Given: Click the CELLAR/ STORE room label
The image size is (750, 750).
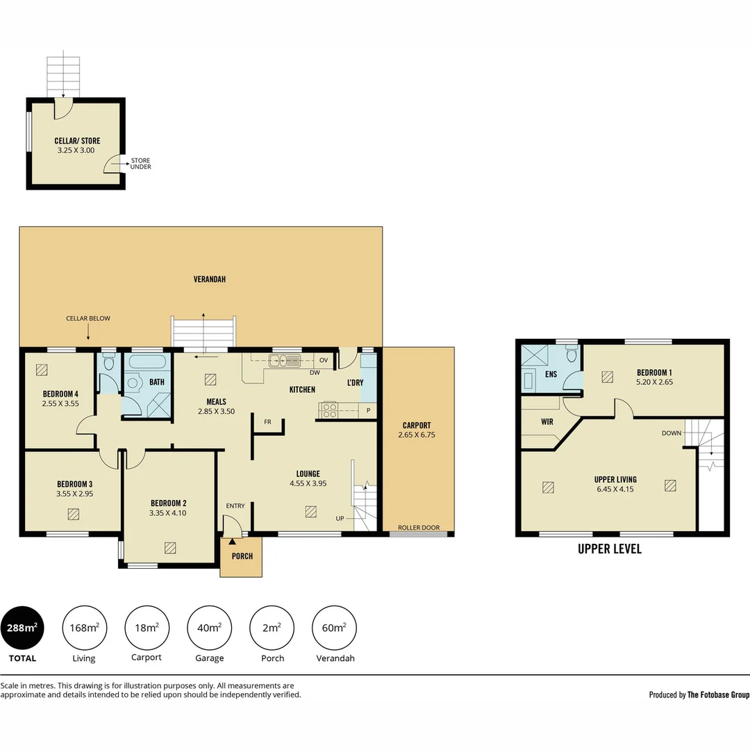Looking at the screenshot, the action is point(77,140).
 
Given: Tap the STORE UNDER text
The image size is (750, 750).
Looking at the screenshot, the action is point(140,164).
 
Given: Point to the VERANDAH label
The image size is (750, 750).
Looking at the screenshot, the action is point(210,279).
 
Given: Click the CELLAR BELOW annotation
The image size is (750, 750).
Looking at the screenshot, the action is point(88,318).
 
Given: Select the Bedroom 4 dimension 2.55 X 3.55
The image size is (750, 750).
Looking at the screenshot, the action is point(60,403).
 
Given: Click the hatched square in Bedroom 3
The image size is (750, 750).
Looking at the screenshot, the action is point(73,514).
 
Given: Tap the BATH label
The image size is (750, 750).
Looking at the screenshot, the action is point(157,382).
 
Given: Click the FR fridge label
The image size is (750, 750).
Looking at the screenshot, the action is point(267,422).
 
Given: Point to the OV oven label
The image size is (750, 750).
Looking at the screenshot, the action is point(324,360).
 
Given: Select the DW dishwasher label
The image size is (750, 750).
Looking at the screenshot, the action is point(315,373).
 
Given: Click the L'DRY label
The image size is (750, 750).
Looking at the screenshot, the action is point(356,383).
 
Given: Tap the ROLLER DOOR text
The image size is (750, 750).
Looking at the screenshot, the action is point(419,528).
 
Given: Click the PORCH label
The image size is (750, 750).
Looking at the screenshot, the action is point(242,556).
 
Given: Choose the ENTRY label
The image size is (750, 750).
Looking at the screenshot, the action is point(235,506).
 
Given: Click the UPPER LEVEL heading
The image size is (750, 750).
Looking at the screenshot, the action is point(610,549).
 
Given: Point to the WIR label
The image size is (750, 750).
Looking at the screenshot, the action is point(547,422).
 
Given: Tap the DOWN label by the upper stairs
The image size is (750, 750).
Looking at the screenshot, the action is point(672,433).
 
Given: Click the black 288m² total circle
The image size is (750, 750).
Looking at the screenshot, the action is point(22,628).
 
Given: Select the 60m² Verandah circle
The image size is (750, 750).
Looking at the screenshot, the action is point(334,628).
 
